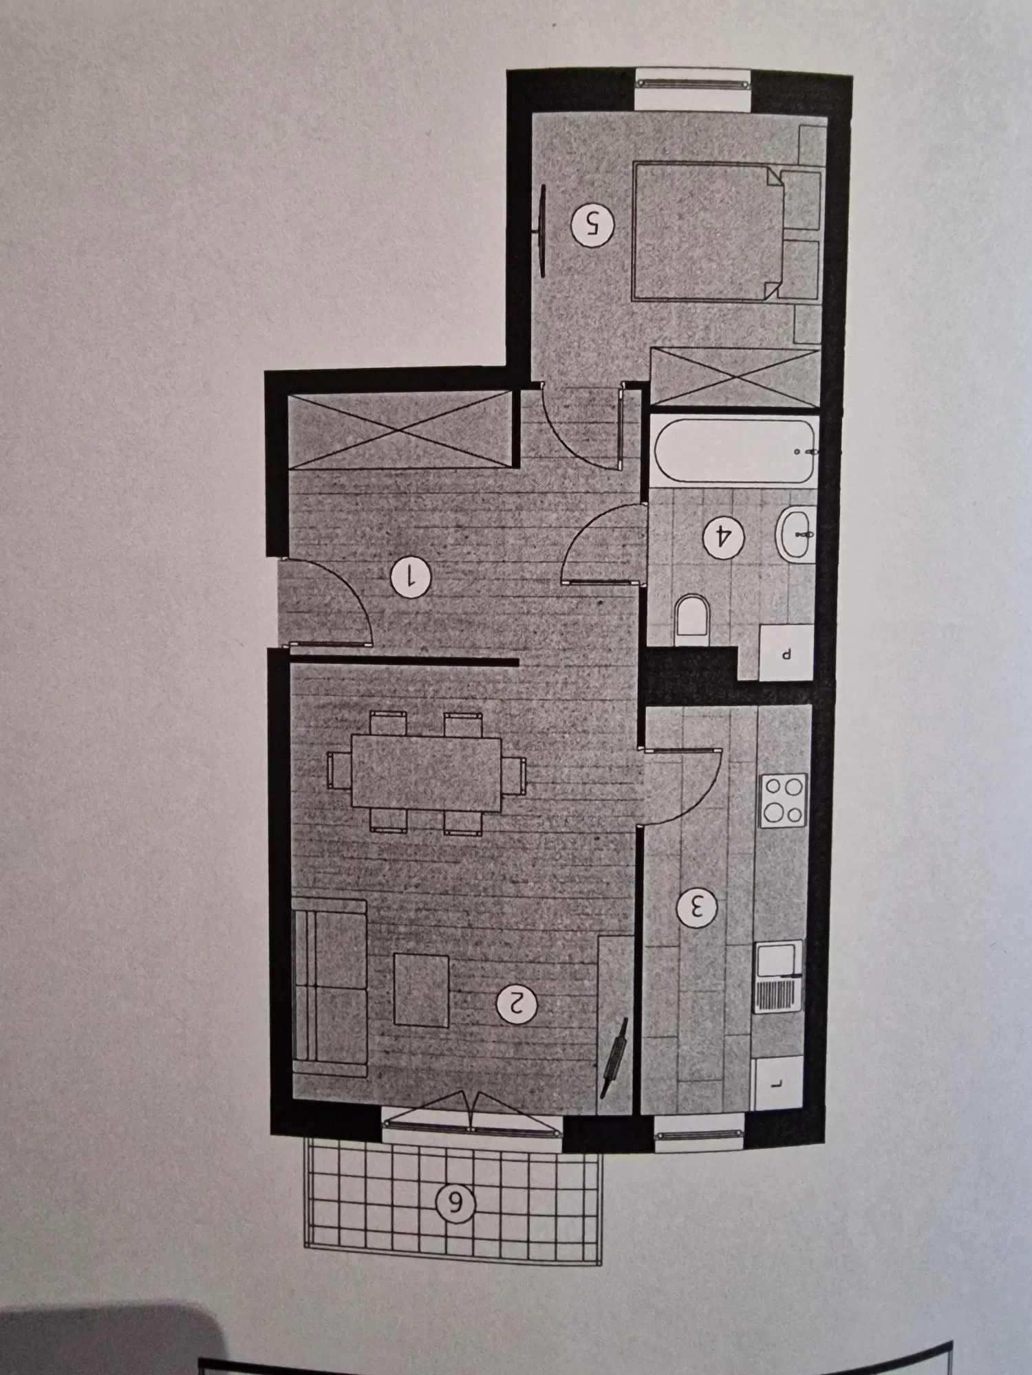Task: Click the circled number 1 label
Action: click(410, 577)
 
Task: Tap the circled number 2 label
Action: click(517, 1004)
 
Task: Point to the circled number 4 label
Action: click(723, 534)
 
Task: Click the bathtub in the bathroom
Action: click(734, 451)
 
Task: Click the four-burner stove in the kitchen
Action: click(782, 800)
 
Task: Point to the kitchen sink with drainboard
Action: click(778, 976)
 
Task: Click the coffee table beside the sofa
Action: click(421, 989)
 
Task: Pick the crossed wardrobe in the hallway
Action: click(400, 430)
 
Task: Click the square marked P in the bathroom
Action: click(786, 652)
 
